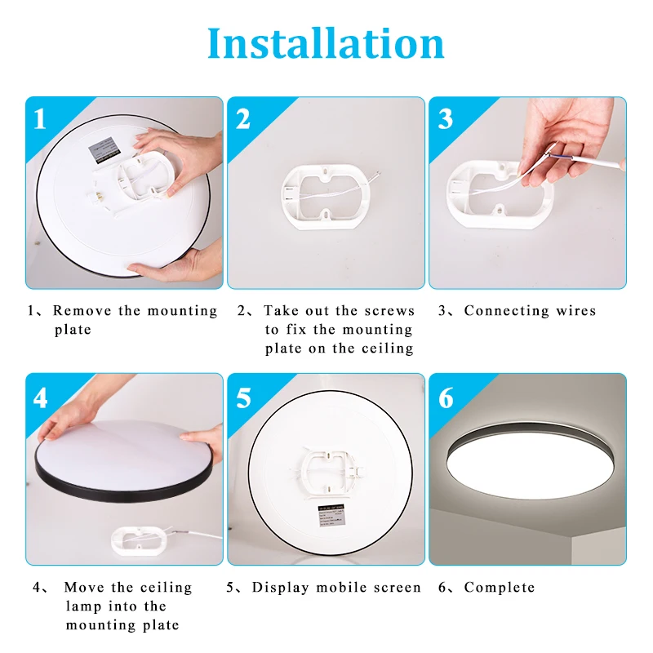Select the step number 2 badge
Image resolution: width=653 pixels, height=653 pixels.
pos(242,119)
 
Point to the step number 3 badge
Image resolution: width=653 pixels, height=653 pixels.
pos(445,119)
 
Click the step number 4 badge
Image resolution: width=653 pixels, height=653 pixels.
pos(40,398)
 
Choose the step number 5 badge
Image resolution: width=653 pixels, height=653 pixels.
pos(243,398)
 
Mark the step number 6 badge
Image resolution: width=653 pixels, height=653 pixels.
pos(446,398)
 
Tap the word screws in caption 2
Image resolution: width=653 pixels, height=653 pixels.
pos(390,311)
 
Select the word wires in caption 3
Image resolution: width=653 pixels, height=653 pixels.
pos(576,311)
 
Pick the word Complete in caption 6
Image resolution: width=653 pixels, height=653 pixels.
pos(500,588)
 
